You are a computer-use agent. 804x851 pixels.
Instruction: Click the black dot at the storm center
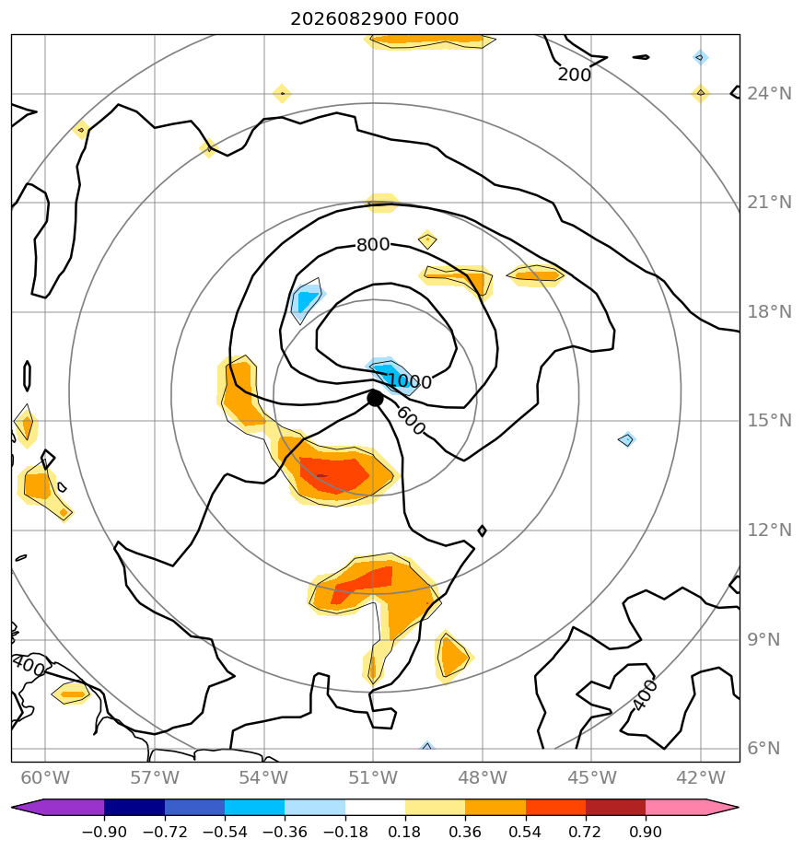tap(375, 399)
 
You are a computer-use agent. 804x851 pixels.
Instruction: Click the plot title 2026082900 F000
tap(375, 19)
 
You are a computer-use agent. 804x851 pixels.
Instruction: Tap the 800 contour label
tap(373, 245)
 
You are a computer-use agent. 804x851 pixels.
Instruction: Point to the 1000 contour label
tap(411, 381)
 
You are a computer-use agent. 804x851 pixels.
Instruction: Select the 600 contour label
tap(411, 421)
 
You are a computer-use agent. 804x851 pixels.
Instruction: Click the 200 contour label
tap(575, 75)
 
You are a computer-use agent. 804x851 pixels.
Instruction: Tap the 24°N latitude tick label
tap(769, 94)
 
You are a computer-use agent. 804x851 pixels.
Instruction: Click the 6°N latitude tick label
tap(763, 749)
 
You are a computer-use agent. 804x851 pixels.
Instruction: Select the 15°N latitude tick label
tap(769, 421)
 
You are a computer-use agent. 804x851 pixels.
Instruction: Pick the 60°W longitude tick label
tap(45, 777)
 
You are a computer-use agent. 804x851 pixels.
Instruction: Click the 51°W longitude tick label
tap(373, 777)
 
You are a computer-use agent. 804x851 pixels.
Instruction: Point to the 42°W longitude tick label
tap(701, 777)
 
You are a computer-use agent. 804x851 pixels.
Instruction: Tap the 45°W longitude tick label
tap(592, 777)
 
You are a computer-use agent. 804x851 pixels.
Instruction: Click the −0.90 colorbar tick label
tap(104, 832)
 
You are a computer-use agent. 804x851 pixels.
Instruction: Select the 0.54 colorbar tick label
tap(525, 832)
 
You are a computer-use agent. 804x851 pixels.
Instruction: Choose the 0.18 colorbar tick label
tap(405, 832)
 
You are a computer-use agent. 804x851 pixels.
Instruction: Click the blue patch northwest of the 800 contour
tap(306, 300)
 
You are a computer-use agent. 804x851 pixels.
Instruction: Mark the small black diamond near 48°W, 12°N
tap(482, 530)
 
